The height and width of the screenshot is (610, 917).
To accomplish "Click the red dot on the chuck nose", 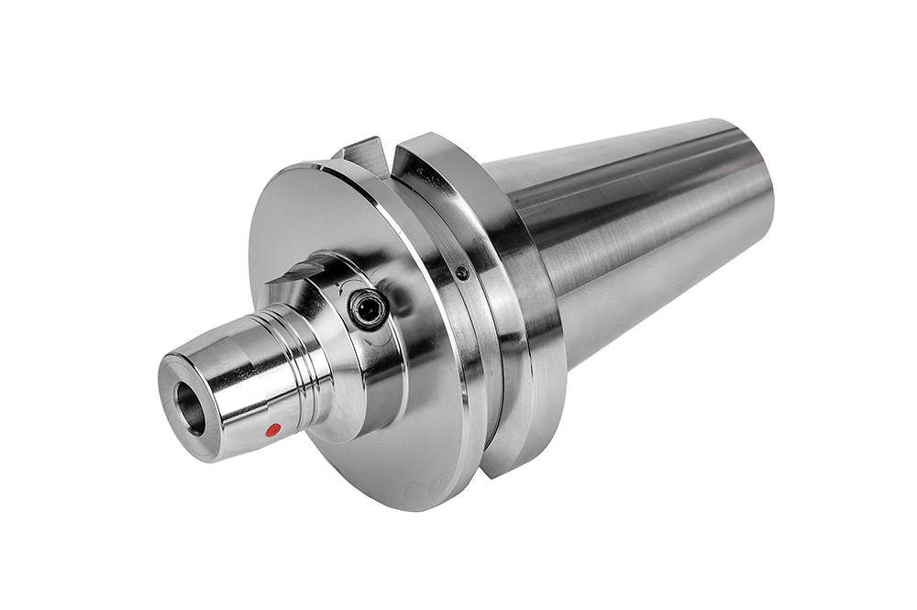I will tap(272, 428).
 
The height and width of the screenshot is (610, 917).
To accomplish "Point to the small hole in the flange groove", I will tap(462, 273).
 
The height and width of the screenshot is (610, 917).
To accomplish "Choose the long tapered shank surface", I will tap(642, 229).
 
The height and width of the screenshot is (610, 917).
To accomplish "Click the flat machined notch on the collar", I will tap(298, 272).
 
